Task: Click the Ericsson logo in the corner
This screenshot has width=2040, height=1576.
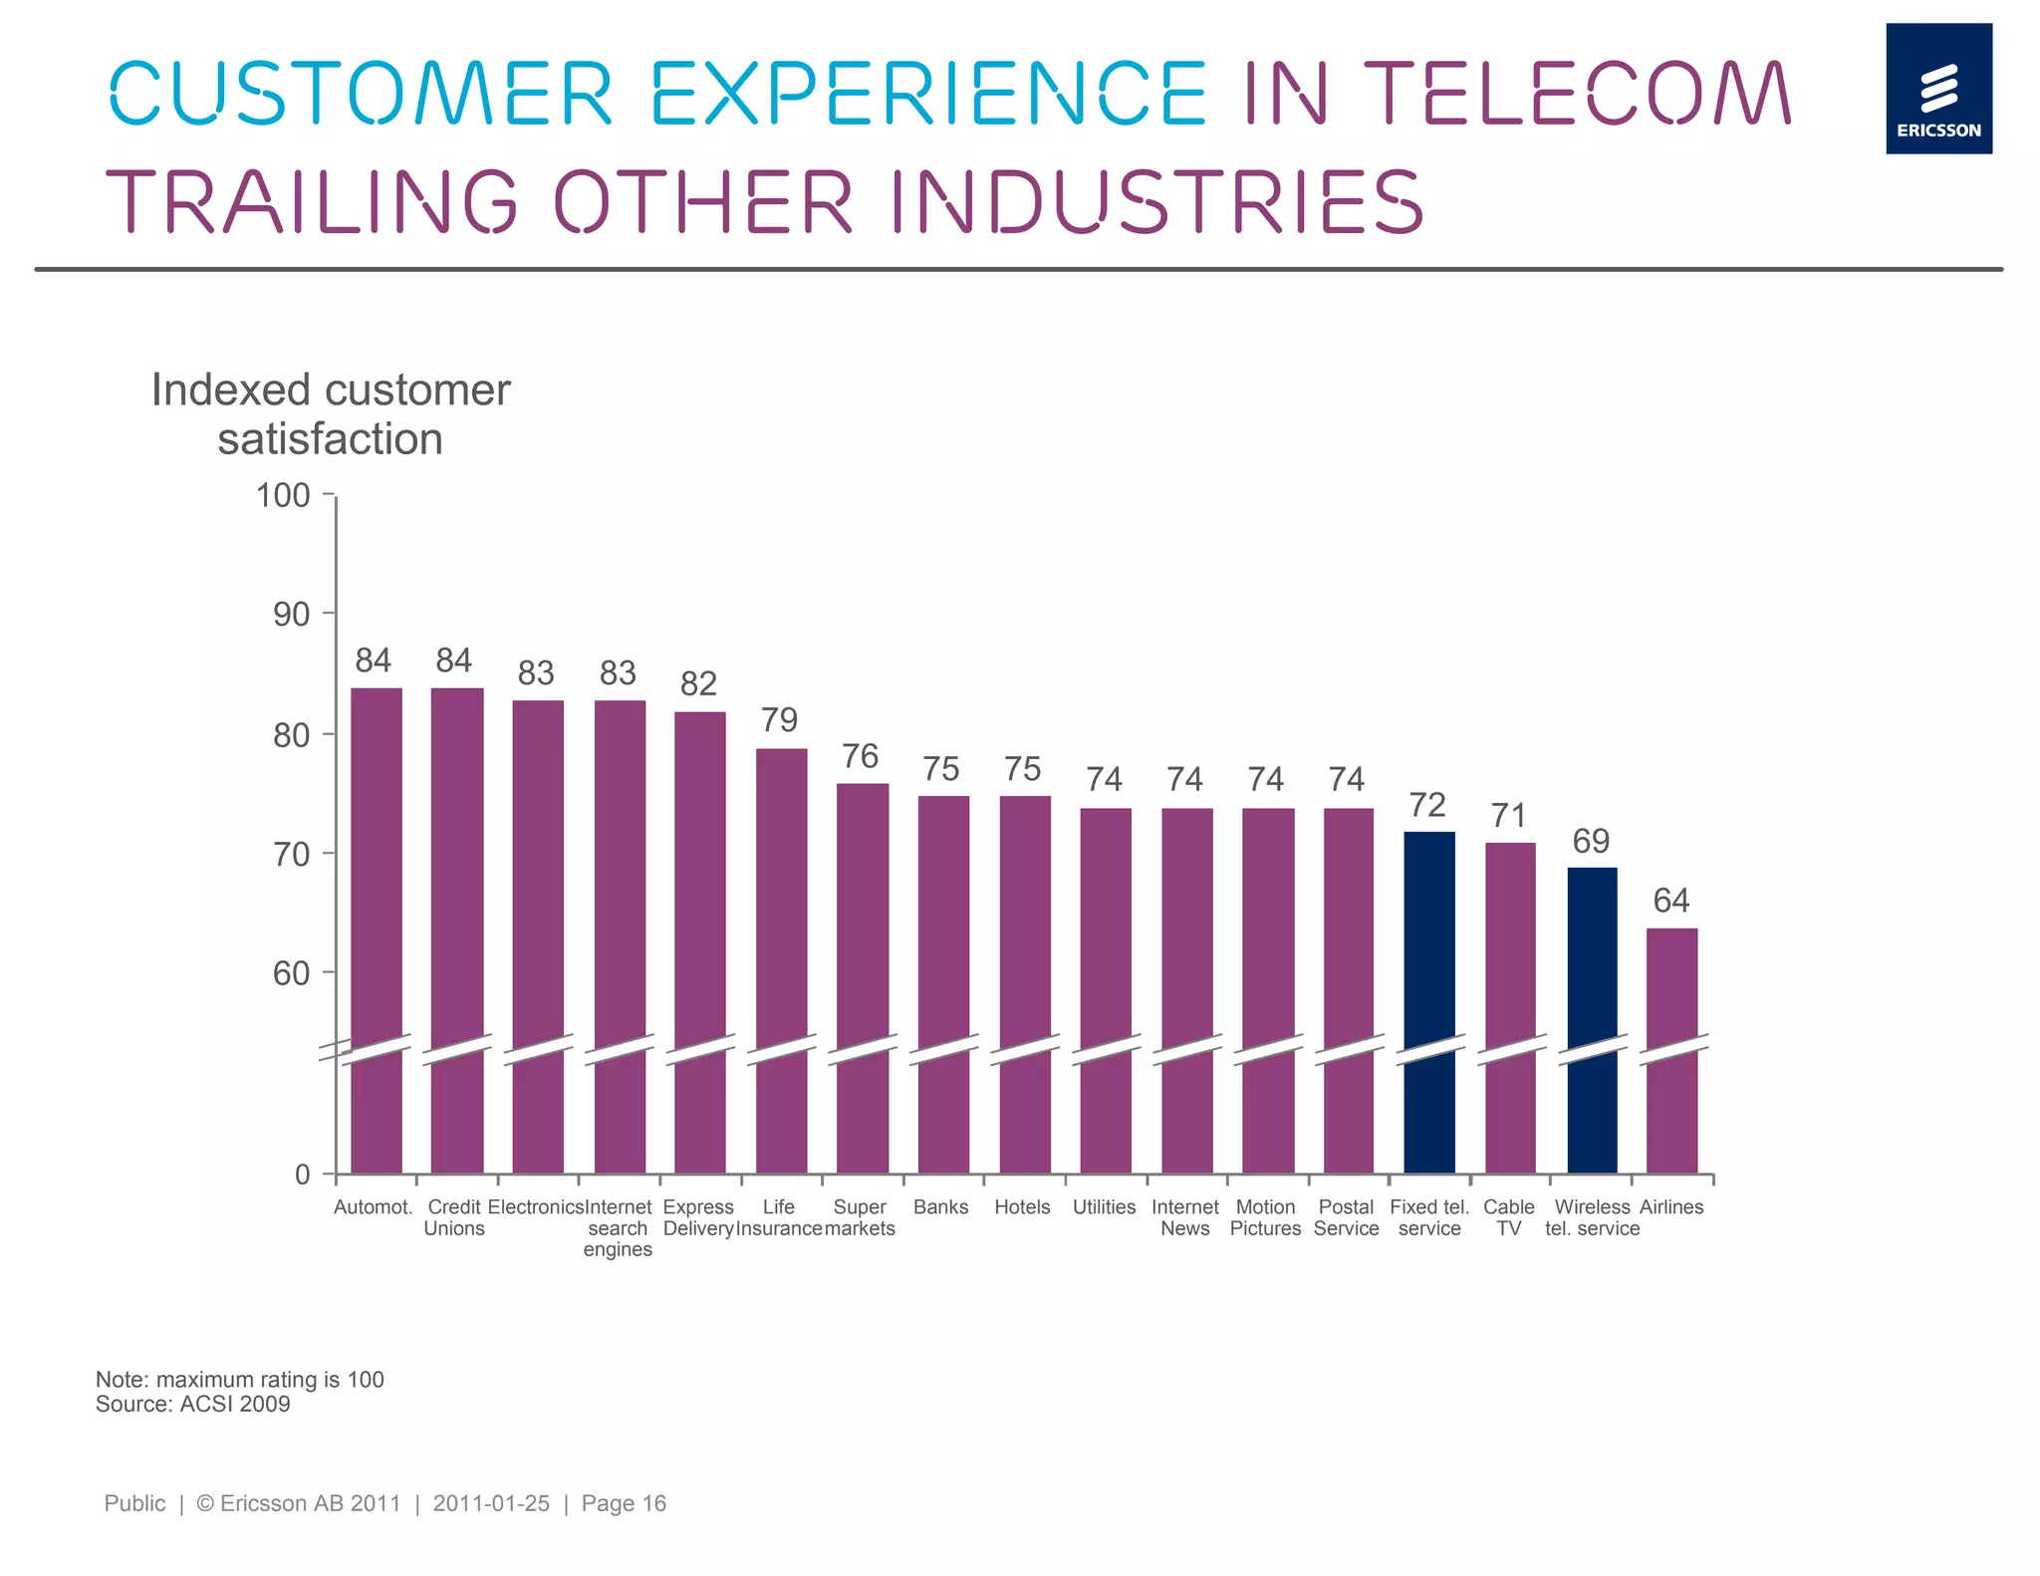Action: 1937,89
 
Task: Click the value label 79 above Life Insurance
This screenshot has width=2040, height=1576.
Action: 779,720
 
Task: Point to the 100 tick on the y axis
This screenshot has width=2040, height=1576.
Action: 284,496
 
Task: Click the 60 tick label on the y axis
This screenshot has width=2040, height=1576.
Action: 291,973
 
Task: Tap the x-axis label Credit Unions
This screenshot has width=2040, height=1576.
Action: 454,1217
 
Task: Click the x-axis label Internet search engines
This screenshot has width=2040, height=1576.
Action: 618,1228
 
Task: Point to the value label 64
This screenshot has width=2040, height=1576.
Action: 1670,902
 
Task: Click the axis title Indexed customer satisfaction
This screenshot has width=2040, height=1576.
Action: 331,414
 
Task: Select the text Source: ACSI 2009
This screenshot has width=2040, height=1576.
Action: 193,1405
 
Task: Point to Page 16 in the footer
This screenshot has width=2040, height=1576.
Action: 624,1503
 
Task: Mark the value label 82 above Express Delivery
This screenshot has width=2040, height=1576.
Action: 698,684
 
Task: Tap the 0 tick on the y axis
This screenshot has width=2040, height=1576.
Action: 303,1175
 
